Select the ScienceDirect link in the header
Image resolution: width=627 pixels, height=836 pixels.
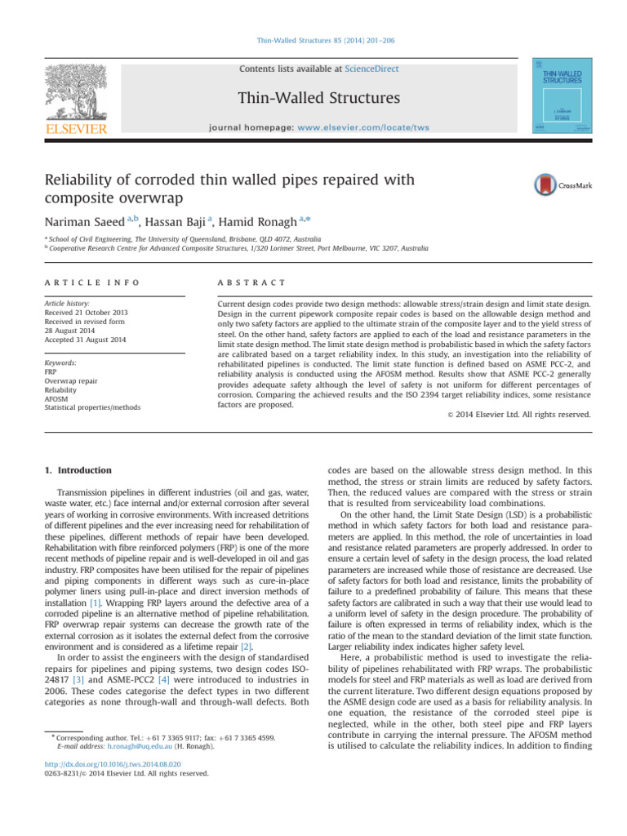click(371, 69)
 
